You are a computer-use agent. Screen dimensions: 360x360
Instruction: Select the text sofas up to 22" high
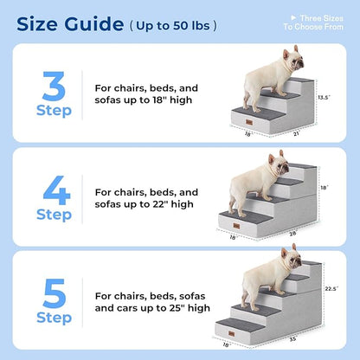coord(145,204)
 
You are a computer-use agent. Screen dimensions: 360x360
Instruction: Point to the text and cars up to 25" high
coord(152,307)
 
